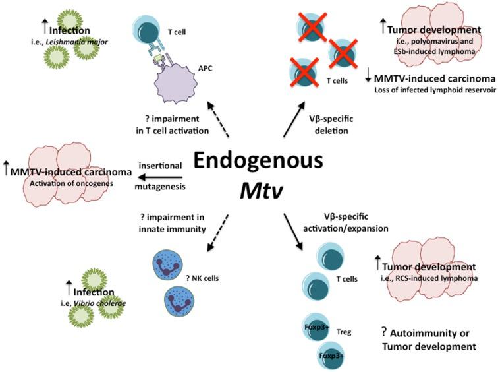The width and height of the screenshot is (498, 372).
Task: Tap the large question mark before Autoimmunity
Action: point(384,331)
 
